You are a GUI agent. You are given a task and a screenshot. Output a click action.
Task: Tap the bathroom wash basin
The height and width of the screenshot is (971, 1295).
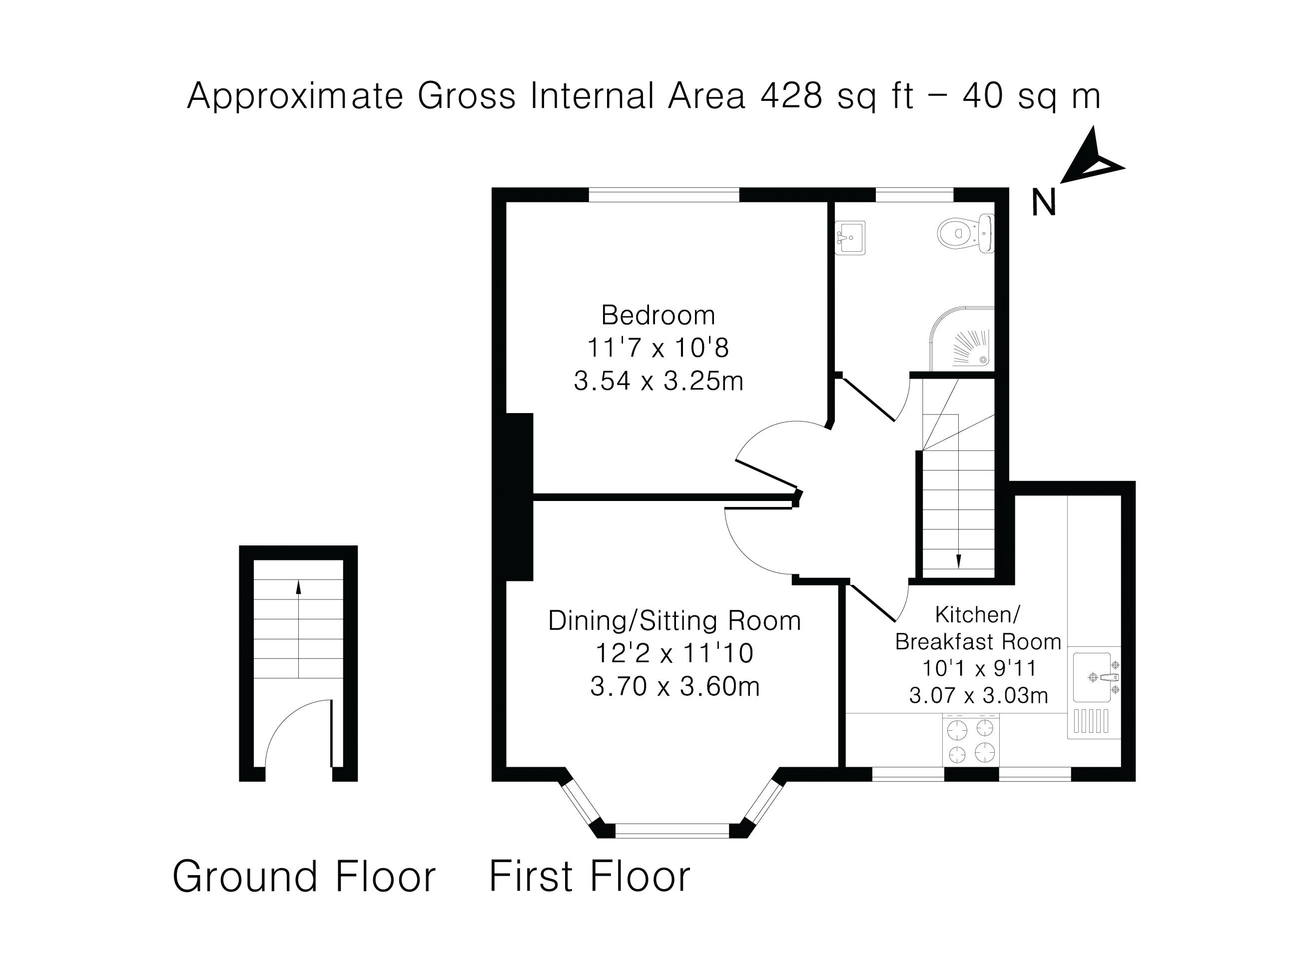pos(850,237)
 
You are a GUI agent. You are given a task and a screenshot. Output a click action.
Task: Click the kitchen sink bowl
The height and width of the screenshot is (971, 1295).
pos(1091,677)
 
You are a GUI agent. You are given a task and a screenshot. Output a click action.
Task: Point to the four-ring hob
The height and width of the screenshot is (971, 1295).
pos(971,740)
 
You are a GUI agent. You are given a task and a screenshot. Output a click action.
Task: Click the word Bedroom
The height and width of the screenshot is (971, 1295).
pos(658,316)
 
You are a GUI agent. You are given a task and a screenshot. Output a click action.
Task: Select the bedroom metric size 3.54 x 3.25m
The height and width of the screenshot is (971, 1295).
pos(658,382)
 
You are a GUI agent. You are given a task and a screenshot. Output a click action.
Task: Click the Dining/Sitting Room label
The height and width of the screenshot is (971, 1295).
pos(674,621)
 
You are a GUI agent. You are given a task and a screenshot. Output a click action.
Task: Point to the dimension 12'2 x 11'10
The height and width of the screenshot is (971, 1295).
pos(674,653)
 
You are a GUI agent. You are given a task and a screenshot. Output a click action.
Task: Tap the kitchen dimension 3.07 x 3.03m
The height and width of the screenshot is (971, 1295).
pos(978,695)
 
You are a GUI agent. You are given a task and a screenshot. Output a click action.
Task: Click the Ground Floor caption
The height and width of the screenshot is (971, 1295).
pos(304,877)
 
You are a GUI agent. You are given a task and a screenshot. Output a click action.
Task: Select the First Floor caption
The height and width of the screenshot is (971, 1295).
pos(590,877)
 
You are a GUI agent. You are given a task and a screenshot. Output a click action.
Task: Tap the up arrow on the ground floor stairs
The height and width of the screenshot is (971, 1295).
pos(299,587)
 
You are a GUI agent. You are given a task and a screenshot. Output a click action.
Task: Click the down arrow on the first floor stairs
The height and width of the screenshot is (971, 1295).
pos(958,561)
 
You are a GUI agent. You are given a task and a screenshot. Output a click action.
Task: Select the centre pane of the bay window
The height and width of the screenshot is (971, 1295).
pos(672,830)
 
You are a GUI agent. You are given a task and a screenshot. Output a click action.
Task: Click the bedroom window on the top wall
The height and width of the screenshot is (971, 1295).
pos(664,194)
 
